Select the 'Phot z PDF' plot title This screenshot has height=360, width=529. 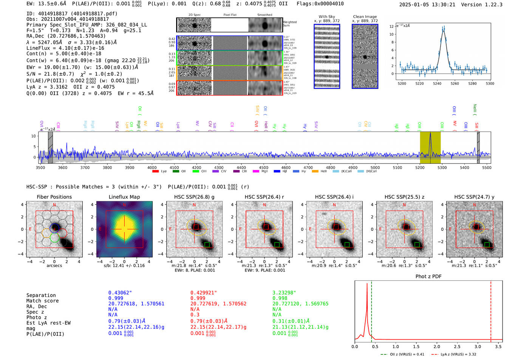(428, 277)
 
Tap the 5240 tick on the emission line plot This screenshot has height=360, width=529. (437, 83)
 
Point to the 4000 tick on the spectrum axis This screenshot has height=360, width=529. (152, 167)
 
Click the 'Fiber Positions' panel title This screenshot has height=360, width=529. (54, 197)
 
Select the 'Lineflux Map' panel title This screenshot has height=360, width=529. (124, 197)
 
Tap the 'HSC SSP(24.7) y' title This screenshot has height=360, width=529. (474, 197)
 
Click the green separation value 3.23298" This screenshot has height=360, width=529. (284, 293)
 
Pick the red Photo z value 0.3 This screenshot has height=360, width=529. (195, 315)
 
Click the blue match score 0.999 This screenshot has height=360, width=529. (116, 298)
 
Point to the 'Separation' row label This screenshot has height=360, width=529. (41, 295)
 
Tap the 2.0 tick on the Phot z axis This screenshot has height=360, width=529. (437, 346)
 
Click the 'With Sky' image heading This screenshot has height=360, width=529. (326, 17)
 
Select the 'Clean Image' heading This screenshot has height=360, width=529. (365, 17)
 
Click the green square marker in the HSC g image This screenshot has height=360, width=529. (207, 245)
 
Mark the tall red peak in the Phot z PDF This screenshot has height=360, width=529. (367, 284)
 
